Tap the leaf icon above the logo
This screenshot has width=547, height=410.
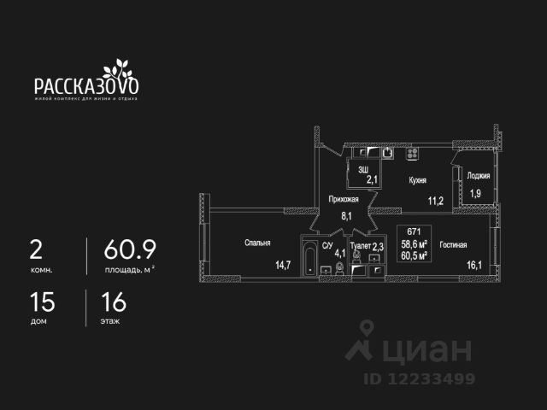click(x=118, y=68)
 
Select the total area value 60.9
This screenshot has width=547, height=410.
click(x=130, y=249)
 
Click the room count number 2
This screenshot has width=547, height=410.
click(x=36, y=249)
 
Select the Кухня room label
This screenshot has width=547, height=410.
click(x=418, y=180)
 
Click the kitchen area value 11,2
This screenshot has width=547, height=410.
click(x=436, y=202)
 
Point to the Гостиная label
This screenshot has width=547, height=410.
click(x=453, y=245)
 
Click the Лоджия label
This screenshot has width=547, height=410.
click(x=478, y=175)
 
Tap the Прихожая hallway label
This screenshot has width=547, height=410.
click(x=344, y=199)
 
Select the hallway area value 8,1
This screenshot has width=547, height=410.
click(x=346, y=216)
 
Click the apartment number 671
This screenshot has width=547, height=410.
click(x=414, y=231)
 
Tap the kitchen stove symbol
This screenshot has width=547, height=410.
click(x=411, y=154)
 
